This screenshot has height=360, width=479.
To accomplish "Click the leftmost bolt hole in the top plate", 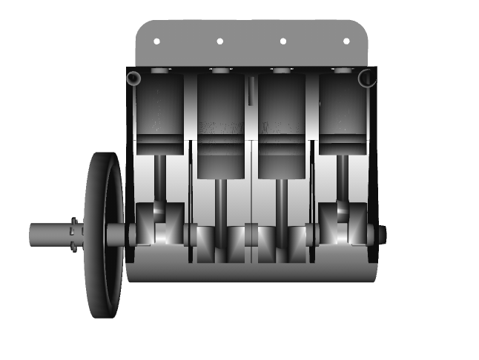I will pos(156,41).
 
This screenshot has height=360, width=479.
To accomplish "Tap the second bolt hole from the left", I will pos(219,41).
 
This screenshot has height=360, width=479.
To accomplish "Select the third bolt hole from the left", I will pos(283,41).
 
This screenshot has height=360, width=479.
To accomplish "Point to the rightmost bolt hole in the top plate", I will pos(346,41).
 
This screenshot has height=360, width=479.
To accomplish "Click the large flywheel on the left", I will pos(105,235).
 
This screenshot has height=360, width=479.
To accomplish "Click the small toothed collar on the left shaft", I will pos(74,235).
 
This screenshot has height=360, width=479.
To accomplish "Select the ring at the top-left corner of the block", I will pos(134,78).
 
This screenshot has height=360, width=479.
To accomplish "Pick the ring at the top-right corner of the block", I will pos(367,78).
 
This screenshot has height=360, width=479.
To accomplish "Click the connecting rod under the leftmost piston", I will pos(160,178).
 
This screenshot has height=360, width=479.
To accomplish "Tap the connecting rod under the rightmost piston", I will pos(343,178).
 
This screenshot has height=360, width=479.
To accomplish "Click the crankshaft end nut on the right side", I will pos(382,235).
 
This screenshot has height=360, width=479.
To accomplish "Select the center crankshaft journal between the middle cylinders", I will pos(251,236).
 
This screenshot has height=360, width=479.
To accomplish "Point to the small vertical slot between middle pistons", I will pos(251,93).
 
